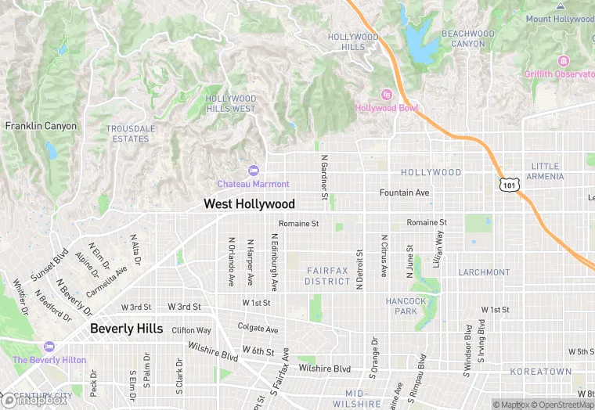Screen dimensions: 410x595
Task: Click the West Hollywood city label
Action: (x=249, y=204)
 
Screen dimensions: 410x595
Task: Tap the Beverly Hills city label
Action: (x=127, y=329)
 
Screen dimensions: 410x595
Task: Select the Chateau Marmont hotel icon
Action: (x=253, y=171)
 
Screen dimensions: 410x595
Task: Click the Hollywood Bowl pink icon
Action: (x=386, y=95)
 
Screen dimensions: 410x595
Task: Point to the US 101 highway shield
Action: (x=509, y=185)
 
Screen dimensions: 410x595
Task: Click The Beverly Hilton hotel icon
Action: (x=49, y=347)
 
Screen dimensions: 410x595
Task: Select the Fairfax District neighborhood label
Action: (x=327, y=275)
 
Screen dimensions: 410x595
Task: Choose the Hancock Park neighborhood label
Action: (x=406, y=306)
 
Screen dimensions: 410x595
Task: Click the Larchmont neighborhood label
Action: (x=484, y=272)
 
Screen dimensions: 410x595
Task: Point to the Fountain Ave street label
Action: (x=405, y=192)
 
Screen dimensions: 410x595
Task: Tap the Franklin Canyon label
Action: (x=41, y=126)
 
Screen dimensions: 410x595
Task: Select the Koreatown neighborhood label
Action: (x=541, y=372)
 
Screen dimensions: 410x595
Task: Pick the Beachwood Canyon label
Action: (x=468, y=38)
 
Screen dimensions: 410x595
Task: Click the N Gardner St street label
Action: (x=323, y=174)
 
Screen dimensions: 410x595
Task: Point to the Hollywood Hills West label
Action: (x=230, y=104)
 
